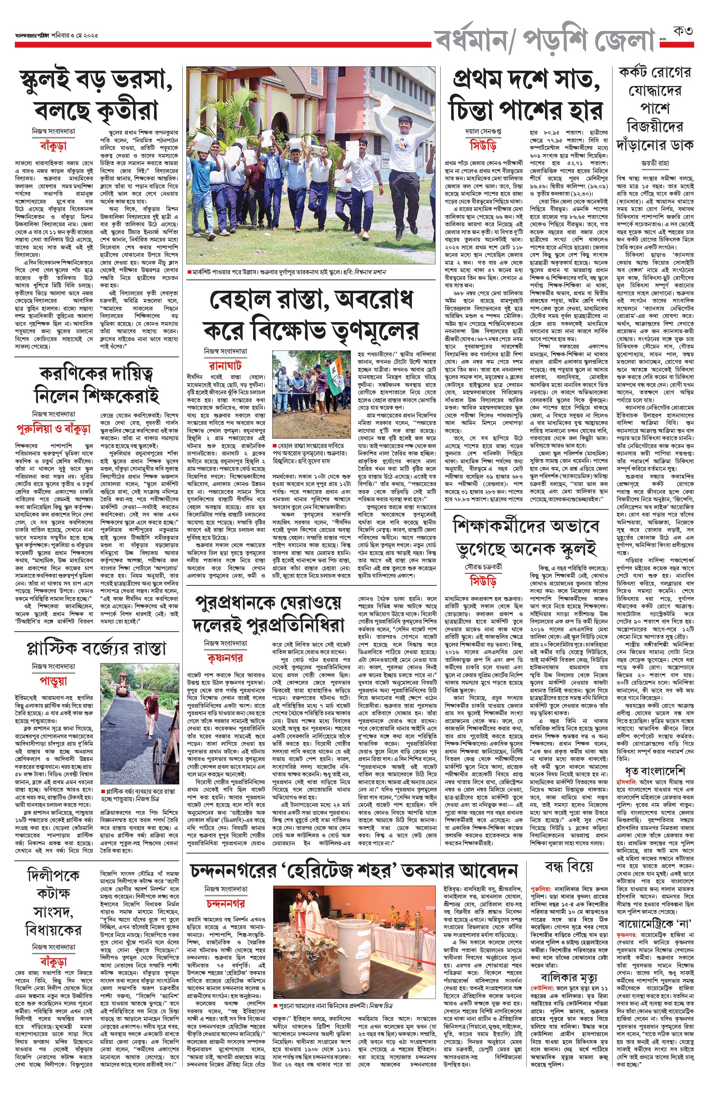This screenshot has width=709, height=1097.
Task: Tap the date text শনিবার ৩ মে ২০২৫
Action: (75, 35)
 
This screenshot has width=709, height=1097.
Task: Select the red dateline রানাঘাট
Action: (225, 365)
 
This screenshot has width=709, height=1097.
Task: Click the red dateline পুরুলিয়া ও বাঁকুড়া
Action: (53, 428)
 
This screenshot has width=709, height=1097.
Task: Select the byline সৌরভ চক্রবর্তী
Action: (483, 567)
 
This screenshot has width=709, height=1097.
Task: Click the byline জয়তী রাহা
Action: (654, 162)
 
